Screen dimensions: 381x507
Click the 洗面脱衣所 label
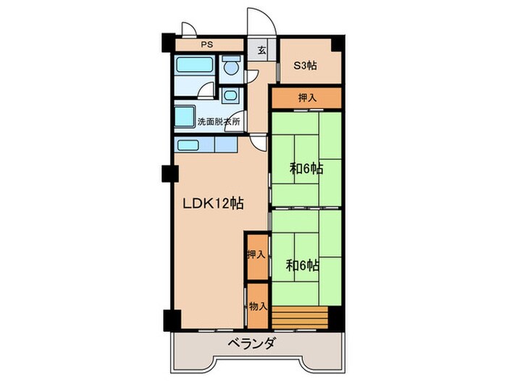point(219,123)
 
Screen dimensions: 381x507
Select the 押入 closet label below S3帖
point(306,97)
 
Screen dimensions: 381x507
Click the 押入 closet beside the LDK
point(256,255)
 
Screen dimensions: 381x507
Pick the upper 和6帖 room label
point(306,169)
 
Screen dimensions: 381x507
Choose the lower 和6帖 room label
point(303,266)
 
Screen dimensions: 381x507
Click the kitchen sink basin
point(188,144)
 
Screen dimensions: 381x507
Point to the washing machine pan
point(185,117)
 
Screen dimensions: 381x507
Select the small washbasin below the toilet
point(230,95)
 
